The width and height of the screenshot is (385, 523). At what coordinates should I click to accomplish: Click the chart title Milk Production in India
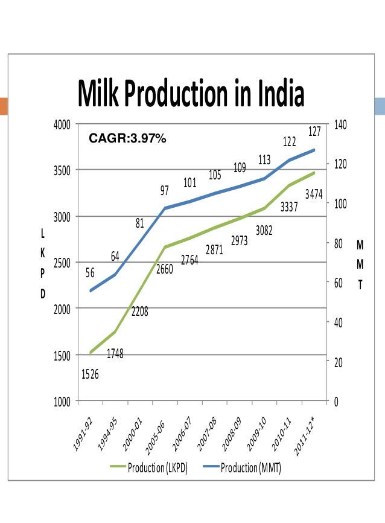coord(191,94)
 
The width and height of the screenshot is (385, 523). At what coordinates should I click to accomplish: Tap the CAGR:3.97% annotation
coord(127,139)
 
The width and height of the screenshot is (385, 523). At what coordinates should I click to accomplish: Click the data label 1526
coord(90,375)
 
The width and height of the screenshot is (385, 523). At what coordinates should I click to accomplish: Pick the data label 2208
coord(140,312)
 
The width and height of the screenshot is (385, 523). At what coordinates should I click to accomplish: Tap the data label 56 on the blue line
coord(90,273)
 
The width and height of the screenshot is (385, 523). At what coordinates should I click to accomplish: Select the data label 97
coord(164,191)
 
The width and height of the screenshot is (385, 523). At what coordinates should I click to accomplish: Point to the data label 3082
coord(264,230)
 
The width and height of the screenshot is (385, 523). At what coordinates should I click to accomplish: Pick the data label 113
coord(264,160)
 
